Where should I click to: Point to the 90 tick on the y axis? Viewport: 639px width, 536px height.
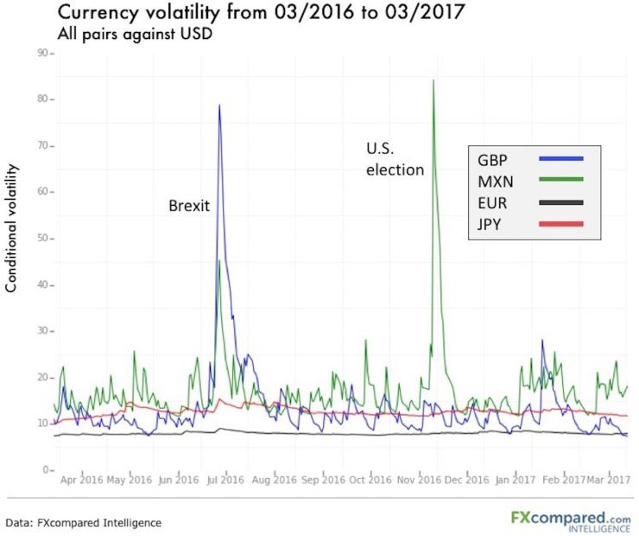point(41,54)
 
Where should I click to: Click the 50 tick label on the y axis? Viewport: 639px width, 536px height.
point(41,239)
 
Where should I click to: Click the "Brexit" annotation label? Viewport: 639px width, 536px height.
point(189,207)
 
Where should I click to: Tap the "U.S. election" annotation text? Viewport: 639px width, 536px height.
point(395,160)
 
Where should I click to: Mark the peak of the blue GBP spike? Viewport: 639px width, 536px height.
point(219,105)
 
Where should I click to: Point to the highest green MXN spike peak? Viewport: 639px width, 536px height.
point(433,80)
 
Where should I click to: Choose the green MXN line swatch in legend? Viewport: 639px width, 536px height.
point(560,181)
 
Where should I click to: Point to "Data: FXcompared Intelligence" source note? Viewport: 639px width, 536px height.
point(84,522)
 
